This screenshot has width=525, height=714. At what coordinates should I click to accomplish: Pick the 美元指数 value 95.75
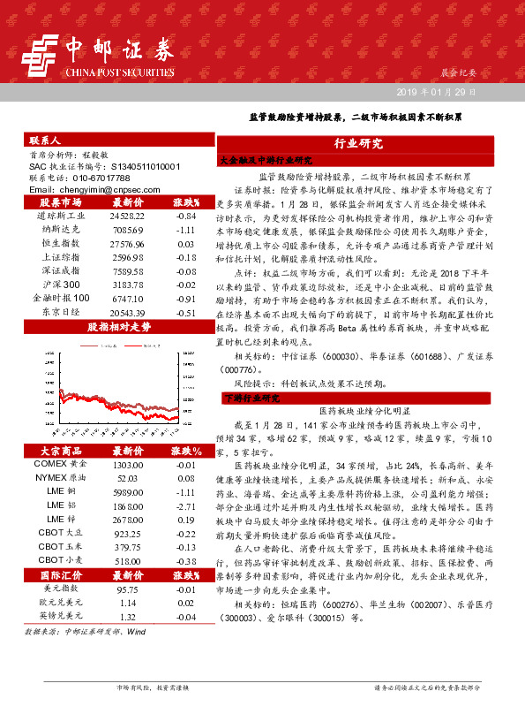pyautogui.click(x=128, y=589)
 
